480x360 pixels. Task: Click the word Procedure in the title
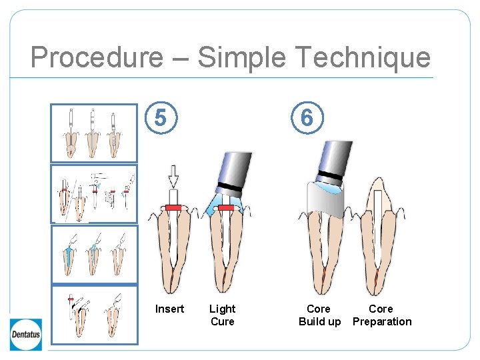pos(96,57)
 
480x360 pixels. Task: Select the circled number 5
pos(160,118)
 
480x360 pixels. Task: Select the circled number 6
pos(307,118)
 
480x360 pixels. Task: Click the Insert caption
pos(169,309)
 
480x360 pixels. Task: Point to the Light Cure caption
pos(222,315)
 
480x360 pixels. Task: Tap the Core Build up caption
pos(319,315)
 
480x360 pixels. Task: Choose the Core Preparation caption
pos(381,315)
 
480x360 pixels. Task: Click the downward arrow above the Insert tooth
pos(173,177)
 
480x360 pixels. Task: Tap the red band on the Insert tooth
pos(173,208)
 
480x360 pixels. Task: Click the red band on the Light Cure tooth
pos(226,208)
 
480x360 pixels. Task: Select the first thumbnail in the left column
pos(94,133)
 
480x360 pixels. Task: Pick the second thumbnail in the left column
pos(94,193)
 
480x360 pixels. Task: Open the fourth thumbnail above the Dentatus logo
pos(94,315)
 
